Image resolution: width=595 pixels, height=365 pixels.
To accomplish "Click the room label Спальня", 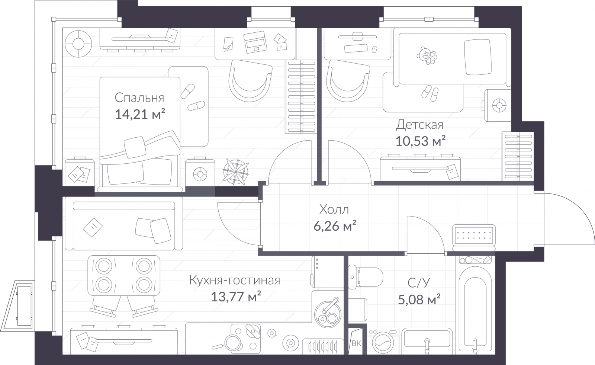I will pos(139,97).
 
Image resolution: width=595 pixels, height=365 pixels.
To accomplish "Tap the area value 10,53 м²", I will pos(420,141).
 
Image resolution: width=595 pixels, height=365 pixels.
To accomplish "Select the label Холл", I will pos(334,210).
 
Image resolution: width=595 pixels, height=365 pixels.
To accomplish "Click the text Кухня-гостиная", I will pos(234,280).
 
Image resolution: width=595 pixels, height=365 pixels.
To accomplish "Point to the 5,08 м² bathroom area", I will pos(419,299).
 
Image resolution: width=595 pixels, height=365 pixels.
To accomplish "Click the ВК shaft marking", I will pos(356,343).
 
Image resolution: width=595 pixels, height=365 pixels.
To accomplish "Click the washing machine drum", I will pos(382,343).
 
